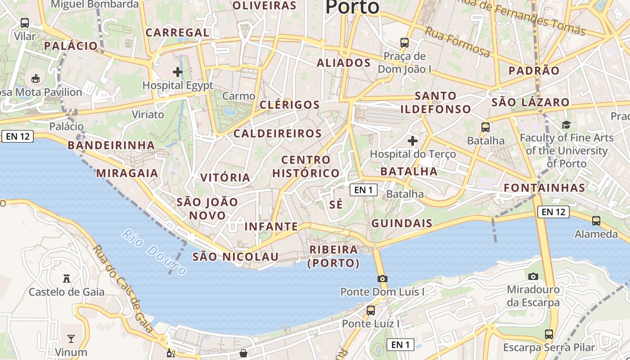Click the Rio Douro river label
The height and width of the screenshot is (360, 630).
154,252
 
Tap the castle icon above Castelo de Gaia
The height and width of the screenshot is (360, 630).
67,279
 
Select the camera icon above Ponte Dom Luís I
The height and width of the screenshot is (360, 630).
382,279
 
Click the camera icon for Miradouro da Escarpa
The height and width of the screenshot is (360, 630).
533,276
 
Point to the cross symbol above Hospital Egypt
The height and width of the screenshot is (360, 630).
178,72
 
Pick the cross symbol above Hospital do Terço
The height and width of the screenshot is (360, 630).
413,141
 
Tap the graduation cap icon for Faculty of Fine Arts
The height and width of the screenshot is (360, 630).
566,125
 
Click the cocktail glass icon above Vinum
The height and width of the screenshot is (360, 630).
71,338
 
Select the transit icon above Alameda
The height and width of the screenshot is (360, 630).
596,220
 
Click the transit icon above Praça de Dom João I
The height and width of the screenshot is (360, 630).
405,43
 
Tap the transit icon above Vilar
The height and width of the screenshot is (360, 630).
25,22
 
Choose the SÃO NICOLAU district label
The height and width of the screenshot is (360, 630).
235,256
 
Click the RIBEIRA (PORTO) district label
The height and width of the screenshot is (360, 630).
333,256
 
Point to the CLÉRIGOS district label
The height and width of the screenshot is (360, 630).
290,105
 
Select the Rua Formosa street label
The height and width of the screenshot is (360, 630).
457,42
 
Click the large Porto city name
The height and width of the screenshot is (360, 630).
352,7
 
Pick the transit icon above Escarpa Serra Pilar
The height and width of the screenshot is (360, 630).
549,334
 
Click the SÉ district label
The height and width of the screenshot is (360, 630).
336,204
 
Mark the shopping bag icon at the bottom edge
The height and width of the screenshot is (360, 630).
243,353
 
